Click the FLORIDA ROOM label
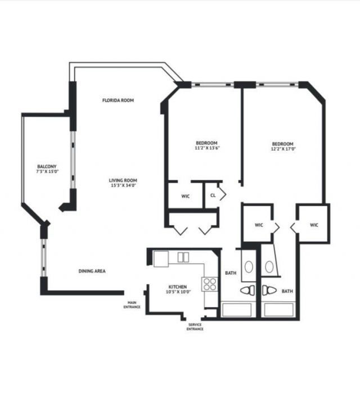[118, 101]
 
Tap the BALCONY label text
[47, 166]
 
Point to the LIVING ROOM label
[123, 180]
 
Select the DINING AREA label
[92, 271]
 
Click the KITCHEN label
[177, 287]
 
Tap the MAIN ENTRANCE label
[133, 305]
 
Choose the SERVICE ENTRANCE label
[195, 327]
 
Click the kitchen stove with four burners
[210, 284]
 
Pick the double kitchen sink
[183, 257]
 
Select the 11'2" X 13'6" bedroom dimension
[206, 148]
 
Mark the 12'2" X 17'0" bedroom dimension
[283, 149]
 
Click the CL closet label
[213, 196]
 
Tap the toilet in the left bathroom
[247, 290]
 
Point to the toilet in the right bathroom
[268, 290]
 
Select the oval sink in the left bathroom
[248, 265]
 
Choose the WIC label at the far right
[314, 225]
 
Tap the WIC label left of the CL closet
[185, 197]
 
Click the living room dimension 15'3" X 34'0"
[123, 186]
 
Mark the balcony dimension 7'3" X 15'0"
[47, 171]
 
